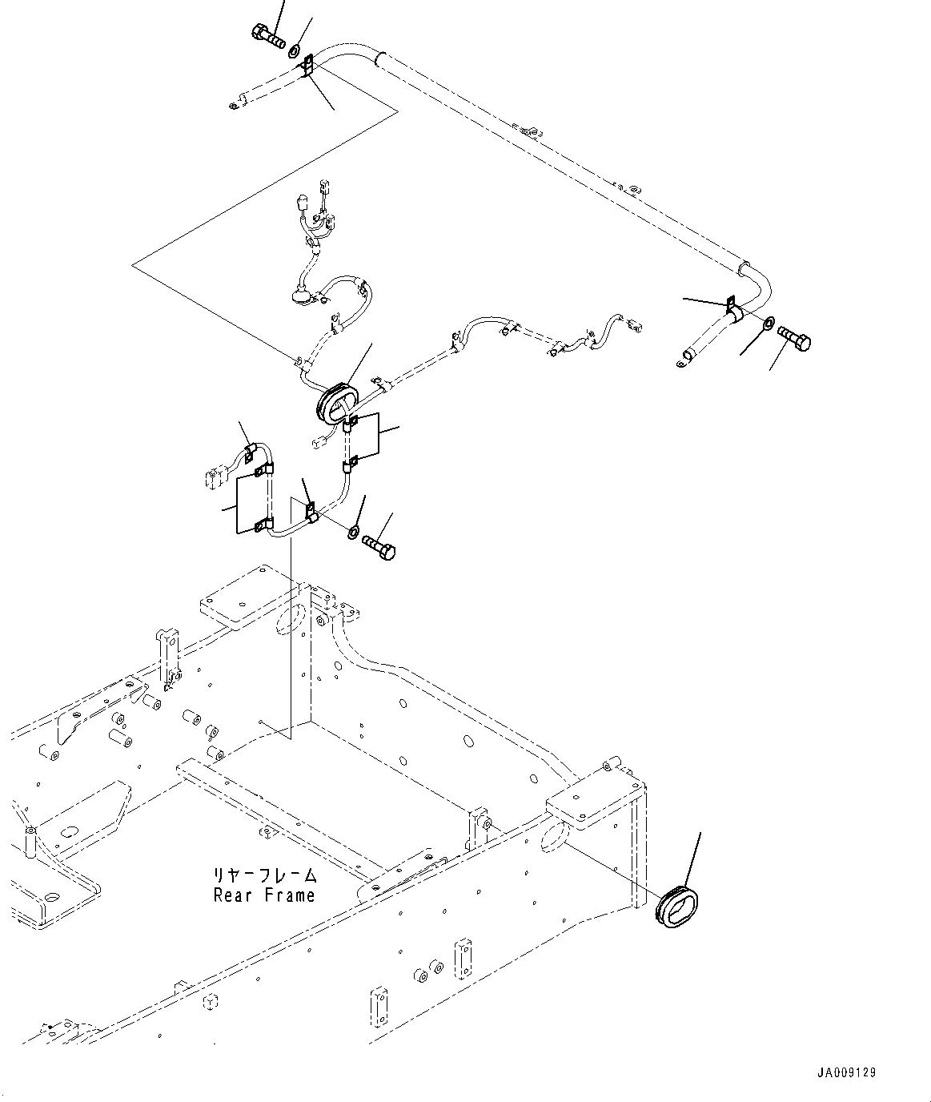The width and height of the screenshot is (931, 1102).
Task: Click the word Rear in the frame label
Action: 232,895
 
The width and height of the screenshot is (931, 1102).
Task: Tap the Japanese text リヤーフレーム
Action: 265,875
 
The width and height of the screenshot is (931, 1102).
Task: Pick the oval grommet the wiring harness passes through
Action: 338,404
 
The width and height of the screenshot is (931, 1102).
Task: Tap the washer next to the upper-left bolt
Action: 294,52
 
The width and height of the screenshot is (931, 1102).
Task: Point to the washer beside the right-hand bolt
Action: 768,323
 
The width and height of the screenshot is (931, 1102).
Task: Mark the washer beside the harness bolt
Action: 353,532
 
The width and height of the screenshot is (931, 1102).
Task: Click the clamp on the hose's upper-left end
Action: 307,66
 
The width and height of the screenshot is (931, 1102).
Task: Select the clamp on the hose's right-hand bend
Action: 733,309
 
